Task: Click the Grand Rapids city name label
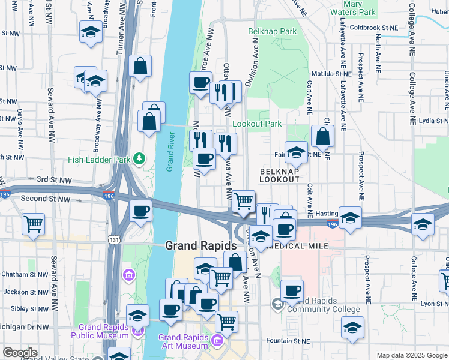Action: tap(200, 245)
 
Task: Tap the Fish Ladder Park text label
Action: tap(99, 159)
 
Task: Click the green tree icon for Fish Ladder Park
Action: tap(139, 158)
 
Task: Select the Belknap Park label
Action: tap(273, 31)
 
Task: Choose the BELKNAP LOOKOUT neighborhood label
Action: tap(279, 175)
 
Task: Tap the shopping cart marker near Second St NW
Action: tap(34, 224)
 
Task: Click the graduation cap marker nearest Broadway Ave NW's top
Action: tap(91, 32)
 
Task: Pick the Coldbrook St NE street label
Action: tap(373, 28)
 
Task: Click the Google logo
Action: tap(20, 353)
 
